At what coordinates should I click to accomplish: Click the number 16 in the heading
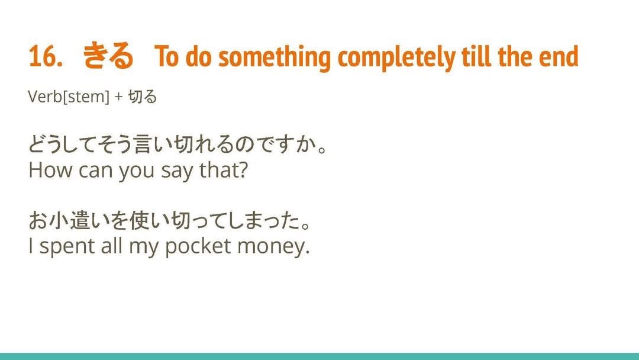[x=44, y=56]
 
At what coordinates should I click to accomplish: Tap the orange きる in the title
[x=108, y=56]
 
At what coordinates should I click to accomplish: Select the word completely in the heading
[x=396, y=57]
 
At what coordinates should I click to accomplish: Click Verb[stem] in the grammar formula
[x=69, y=97]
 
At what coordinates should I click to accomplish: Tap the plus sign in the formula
[x=118, y=98]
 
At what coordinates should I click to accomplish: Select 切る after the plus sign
[x=142, y=97]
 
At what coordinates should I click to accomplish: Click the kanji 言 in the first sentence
[x=143, y=144]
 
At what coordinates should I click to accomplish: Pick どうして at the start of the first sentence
[x=67, y=144]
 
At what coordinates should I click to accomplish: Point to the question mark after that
[x=242, y=170]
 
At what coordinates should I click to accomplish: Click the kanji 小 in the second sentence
[x=58, y=221]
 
